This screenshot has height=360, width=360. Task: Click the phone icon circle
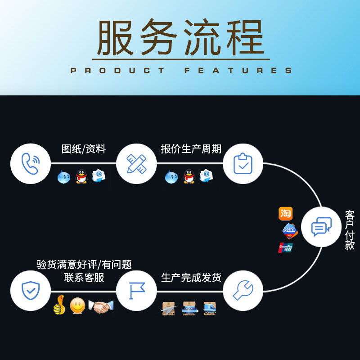tap(30, 164)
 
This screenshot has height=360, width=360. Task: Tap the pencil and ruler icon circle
tap(136, 164)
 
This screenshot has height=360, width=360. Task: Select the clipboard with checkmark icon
tap(243, 164)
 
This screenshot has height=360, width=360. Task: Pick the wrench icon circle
tap(243, 291)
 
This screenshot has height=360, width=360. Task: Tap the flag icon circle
tap(136, 291)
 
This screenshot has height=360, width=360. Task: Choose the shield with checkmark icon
tap(30, 291)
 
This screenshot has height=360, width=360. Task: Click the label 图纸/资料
tap(83, 149)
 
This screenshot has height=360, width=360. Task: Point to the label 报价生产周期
tap(191, 149)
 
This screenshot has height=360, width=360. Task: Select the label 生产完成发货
tap(191, 277)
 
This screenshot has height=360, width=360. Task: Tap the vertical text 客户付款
tap(350, 229)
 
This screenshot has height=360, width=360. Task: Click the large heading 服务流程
tap(180, 38)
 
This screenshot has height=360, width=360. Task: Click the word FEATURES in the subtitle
tap(238, 71)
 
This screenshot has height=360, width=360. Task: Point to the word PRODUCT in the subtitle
tap(118, 71)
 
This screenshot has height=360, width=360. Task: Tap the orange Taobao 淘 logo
tap(286, 214)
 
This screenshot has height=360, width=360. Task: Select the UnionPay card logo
tap(286, 247)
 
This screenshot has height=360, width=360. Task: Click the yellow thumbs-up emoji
tap(58, 306)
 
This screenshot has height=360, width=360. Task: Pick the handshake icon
tap(101, 307)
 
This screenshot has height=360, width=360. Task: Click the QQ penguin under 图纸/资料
tap(81, 176)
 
